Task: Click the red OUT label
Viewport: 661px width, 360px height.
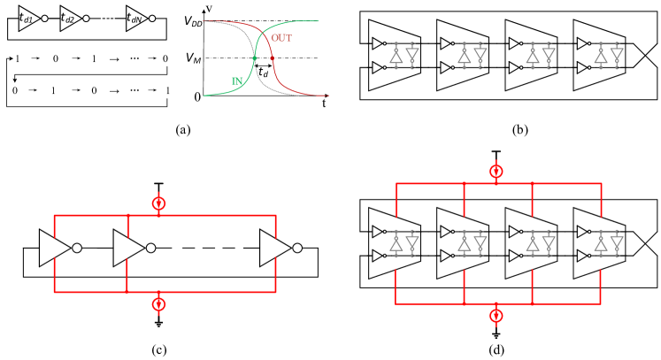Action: click(x=281, y=38)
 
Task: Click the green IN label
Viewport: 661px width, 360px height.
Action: click(x=237, y=81)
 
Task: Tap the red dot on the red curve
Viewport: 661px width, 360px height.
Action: click(x=272, y=58)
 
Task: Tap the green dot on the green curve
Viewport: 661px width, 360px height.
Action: click(x=255, y=58)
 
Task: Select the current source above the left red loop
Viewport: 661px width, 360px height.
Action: click(x=158, y=203)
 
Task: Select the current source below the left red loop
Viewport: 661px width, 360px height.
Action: click(x=158, y=303)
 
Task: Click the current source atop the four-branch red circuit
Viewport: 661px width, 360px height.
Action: click(x=496, y=172)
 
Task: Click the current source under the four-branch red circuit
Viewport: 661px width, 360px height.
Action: click(x=496, y=315)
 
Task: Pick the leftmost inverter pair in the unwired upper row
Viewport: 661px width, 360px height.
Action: click(x=404, y=56)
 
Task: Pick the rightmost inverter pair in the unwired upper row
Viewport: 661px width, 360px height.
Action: click(x=609, y=56)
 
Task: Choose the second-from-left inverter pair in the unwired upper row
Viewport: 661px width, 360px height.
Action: click(x=472, y=56)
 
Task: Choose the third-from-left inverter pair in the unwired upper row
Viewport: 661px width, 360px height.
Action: click(x=540, y=56)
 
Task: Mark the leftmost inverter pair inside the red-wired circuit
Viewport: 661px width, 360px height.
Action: click(x=404, y=243)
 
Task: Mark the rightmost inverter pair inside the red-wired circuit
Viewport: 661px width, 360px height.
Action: click(x=609, y=243)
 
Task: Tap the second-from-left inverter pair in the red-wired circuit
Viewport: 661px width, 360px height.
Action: click(x=472, y=243)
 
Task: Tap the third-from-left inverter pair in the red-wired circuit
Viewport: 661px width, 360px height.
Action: click(x=540, y=243)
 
